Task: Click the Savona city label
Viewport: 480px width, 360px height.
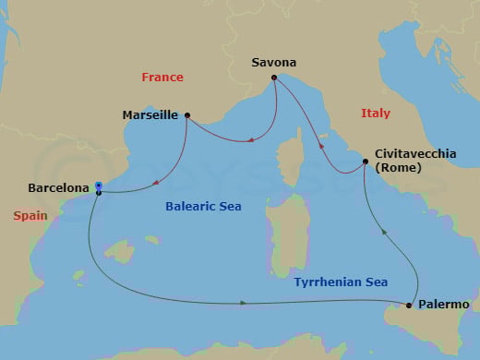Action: [x=274, y=63]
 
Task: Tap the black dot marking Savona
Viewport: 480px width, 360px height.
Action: [x=274, y=78]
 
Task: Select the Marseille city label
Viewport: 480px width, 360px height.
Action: [x=151, y=116]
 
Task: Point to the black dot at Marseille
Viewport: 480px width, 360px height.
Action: [x=187, y=115]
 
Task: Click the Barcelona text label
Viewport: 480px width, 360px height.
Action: [x=59, y=186]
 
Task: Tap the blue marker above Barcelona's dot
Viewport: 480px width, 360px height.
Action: [x=98, y=186]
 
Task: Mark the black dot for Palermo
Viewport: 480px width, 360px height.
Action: [x=409, y=305]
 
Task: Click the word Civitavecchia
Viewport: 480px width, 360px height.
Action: [x=415, y=154]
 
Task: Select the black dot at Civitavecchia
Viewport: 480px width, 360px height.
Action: [x=366, y=162]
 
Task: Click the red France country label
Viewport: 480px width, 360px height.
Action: [x=162, y=78]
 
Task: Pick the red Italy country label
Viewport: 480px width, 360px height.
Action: [x=375, y=113]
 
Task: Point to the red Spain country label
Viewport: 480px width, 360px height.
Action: [x=30, y=216]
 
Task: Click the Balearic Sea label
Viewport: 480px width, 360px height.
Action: [x=203, y=207]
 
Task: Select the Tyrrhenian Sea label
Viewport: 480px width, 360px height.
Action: [x=341, y=282]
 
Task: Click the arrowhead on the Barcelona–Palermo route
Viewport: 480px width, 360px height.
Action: [x=243, y=303]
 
